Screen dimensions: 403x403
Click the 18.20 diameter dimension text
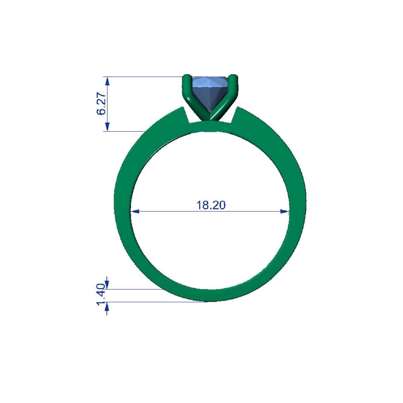click(x=211, y=205)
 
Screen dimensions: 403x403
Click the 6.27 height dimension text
click(x=101, y=104)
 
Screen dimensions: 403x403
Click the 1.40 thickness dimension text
click(x=101, y=295)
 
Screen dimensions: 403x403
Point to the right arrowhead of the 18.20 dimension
click(x=284, y=212)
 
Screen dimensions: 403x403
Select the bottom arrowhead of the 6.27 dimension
click(x=107, y=127)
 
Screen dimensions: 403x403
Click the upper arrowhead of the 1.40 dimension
click(x=107, y=285)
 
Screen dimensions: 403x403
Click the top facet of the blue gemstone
click(x=208, y=81)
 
